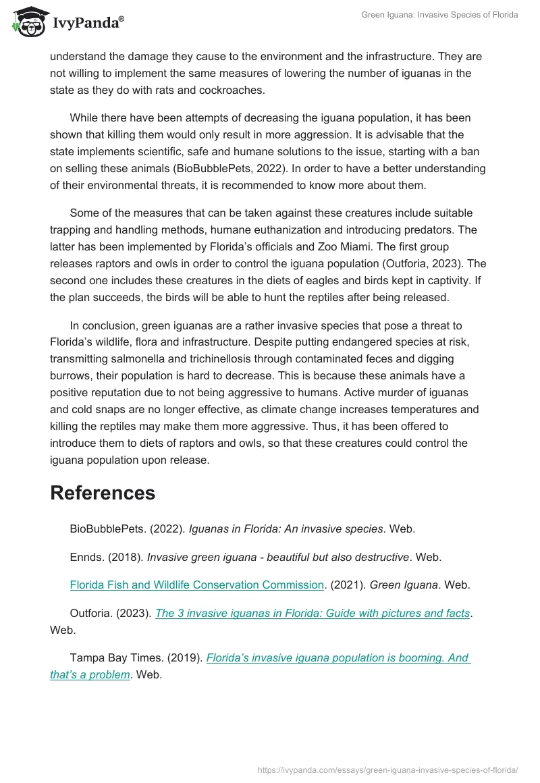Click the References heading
pos(103,493)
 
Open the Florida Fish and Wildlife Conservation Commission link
pos(197,585)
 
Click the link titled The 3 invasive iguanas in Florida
pos(313,613)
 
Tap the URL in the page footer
pos(388,769)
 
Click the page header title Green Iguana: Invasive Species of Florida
pos(441,15)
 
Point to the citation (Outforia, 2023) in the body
pos(412,263)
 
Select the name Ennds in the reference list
pos(86,557)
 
